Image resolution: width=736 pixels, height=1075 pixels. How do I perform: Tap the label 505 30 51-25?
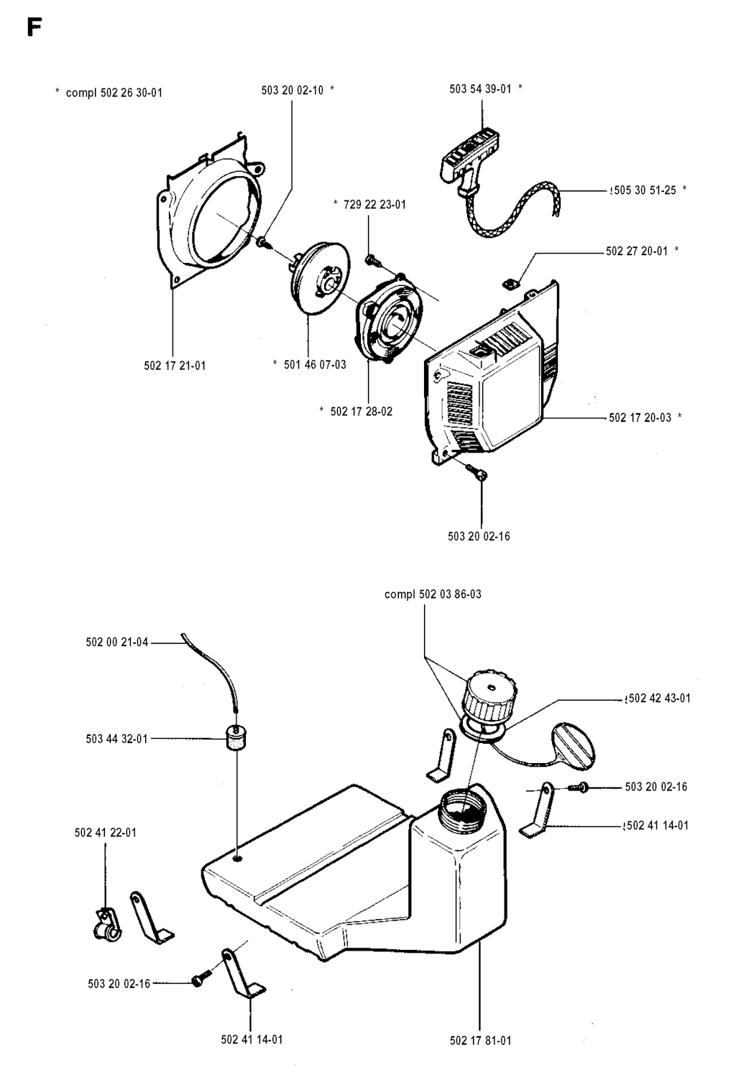point(645,190)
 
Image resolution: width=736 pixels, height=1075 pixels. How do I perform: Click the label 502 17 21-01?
point(175,366)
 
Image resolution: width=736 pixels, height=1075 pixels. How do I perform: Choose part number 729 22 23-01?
point(374,205)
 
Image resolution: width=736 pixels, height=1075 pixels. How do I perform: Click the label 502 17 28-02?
point(361,412)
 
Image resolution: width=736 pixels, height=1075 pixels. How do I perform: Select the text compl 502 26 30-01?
point(114,93)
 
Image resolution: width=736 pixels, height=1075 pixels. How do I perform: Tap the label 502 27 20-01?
point(637,252)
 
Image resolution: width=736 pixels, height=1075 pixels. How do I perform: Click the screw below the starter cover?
point(476,471)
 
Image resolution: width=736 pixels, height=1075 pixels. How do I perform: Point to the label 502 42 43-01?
point(659,698)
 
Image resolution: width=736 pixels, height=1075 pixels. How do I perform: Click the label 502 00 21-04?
point(117,642)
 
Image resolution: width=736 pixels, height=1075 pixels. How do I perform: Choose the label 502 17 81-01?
point(480,1041)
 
